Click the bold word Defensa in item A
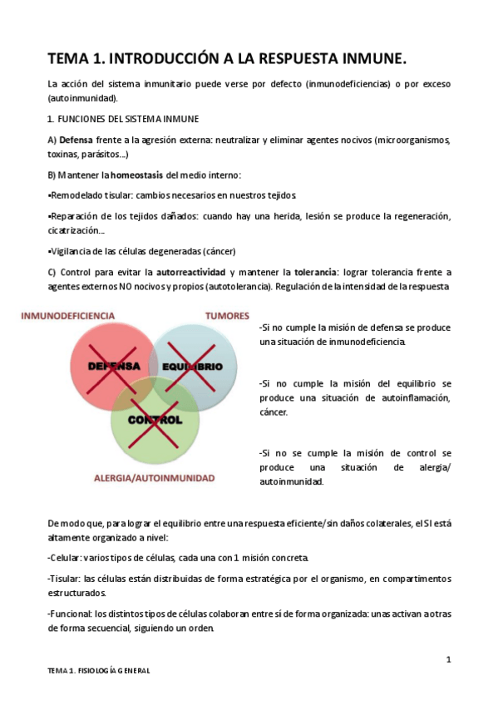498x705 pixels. pyautogui.click(x=76, y=139)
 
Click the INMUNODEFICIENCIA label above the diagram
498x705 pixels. pyautogui.click(x=68, y=316)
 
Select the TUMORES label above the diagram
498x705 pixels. pyautogui.click(x=227, y=316)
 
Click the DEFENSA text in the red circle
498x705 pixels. pyautogui.click(x=114, y=366)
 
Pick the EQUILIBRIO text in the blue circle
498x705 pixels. pyautogui.click(x=192, y=367)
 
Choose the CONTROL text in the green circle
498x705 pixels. pyautogui.click(x=155, y=420)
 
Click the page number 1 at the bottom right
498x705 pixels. pyautogui.click(x=448, y=660)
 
